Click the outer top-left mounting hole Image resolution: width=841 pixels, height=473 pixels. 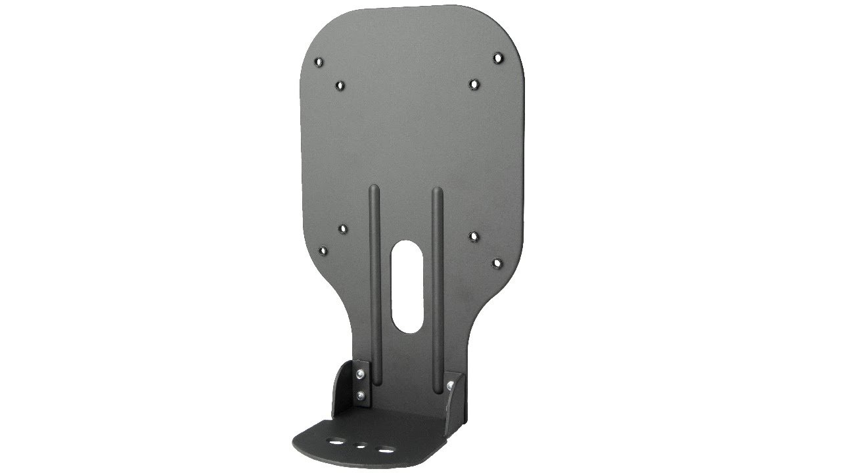319,62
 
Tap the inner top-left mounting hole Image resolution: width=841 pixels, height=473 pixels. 340,85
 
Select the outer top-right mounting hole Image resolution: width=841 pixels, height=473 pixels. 498,58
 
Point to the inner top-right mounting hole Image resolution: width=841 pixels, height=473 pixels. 474,83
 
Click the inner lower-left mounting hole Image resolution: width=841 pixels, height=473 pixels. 342,229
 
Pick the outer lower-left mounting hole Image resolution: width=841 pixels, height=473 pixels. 323,250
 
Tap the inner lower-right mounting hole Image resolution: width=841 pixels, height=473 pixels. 474,235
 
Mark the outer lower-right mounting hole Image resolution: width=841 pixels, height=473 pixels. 497,263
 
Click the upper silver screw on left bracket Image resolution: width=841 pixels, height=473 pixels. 360,374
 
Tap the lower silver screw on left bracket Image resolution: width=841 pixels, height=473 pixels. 360,395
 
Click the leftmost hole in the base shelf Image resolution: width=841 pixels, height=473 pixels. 336,443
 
